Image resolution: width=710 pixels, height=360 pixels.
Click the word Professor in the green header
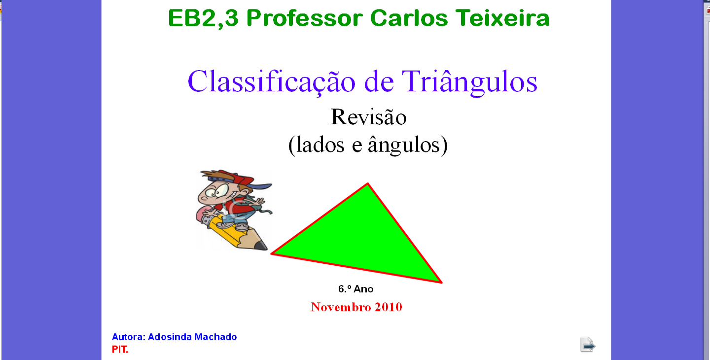(304, 18)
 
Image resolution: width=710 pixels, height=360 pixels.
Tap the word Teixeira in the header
(502, 18)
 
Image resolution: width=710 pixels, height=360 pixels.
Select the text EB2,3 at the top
(203, 19)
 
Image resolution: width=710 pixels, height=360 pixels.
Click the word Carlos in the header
(409, 18)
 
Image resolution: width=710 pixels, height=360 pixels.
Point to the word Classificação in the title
(272, 82)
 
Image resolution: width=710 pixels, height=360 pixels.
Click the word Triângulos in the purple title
(469, 82)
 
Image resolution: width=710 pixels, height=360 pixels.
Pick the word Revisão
(368, 117)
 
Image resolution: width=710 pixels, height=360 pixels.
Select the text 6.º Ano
(355, 289)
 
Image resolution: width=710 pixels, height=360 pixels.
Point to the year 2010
(389, 307)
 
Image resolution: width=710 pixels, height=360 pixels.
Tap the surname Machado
(215, 337)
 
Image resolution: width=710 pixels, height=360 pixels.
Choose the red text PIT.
(120, 349)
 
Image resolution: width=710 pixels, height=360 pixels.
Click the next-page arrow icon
(588, 345)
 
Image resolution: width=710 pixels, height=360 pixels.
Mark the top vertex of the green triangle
(368, 183)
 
